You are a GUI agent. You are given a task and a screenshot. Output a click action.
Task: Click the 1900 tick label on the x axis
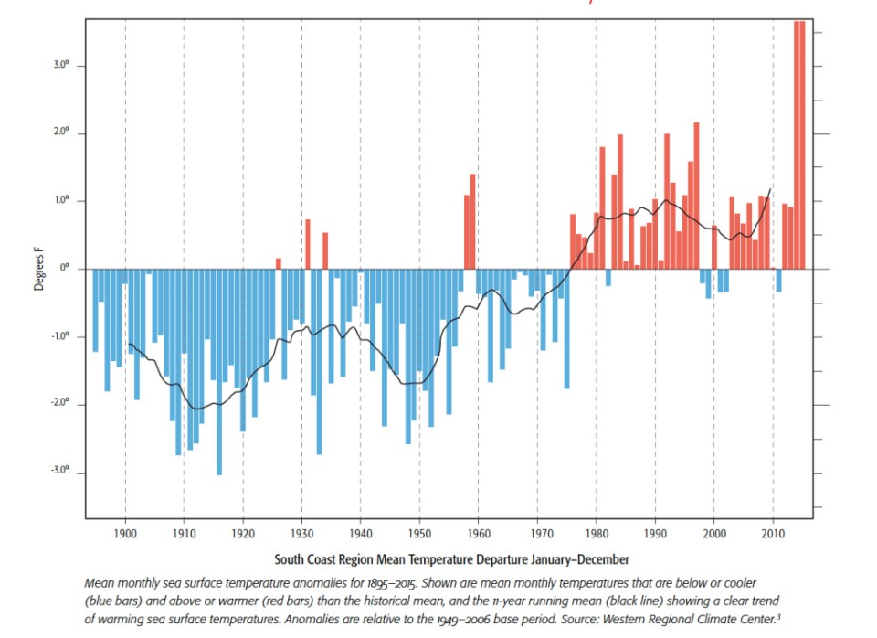(x=124, y=532)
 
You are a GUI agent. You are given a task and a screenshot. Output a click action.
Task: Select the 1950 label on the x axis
(x=419, y=532)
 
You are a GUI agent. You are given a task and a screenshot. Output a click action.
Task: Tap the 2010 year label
(x=773, y=532)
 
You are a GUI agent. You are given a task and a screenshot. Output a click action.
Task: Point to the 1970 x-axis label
(x=537, y=532)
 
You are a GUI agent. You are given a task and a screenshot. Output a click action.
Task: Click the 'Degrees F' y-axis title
(x=38, y=270)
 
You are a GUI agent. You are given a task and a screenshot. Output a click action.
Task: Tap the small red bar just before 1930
(x=279, y=263)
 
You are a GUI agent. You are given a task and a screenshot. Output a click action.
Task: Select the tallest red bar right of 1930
(x=308, y=244)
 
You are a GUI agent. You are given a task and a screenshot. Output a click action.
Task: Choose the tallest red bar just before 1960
(x=472, y=221)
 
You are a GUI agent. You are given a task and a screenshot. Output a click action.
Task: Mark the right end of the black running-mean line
(x=770, y=189)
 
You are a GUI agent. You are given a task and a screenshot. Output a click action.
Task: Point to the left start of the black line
(x=129, y=344)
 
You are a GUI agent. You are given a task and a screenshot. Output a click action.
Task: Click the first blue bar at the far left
(x=95, y=310)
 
